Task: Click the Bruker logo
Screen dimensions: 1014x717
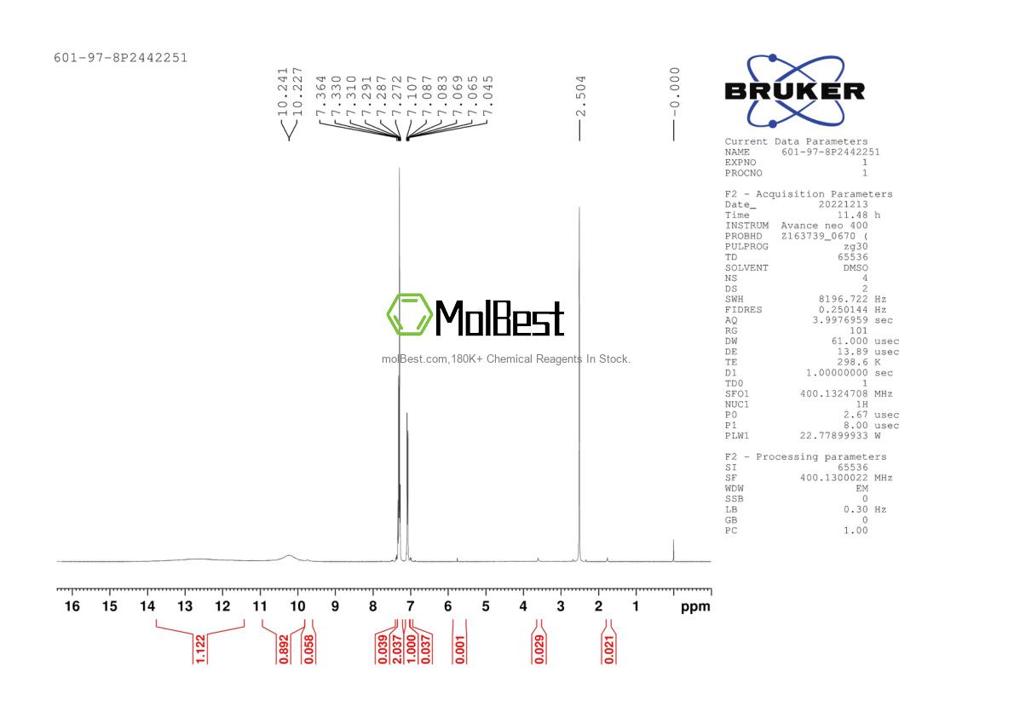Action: (x=795, y=91)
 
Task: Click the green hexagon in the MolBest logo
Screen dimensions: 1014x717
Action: (x=409, y=315)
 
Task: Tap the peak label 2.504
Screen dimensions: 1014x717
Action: (x=581, y=96)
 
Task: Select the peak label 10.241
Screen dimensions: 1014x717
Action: (x=282, y=92)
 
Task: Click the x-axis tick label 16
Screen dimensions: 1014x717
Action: (x=72, y=606)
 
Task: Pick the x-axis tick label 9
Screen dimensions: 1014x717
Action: (x=335, y=606)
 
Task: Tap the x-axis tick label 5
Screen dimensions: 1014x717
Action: (x=486, y=606)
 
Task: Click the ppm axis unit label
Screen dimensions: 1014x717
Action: (x=695, y=607)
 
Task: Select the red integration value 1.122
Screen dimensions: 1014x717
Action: (x=200, y=649)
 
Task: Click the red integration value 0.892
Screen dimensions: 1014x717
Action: (x=283, y=649)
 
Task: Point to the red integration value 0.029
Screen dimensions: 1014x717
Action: (x=539, y=649)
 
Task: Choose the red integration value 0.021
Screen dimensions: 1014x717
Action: (x=608, y=649)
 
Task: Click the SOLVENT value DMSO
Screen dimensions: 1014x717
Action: (x=856, y=267)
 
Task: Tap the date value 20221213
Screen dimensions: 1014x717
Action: (x=844, y=204)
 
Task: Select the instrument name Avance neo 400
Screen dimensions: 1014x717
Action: (x=825, y=226)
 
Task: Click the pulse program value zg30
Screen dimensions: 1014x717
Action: (x=856, y=246)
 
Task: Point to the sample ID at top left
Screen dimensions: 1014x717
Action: (x=121, y=58)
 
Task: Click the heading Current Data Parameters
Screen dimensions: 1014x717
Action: (x=796, y=141)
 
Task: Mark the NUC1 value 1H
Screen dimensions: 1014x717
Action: (x=862, y=404)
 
